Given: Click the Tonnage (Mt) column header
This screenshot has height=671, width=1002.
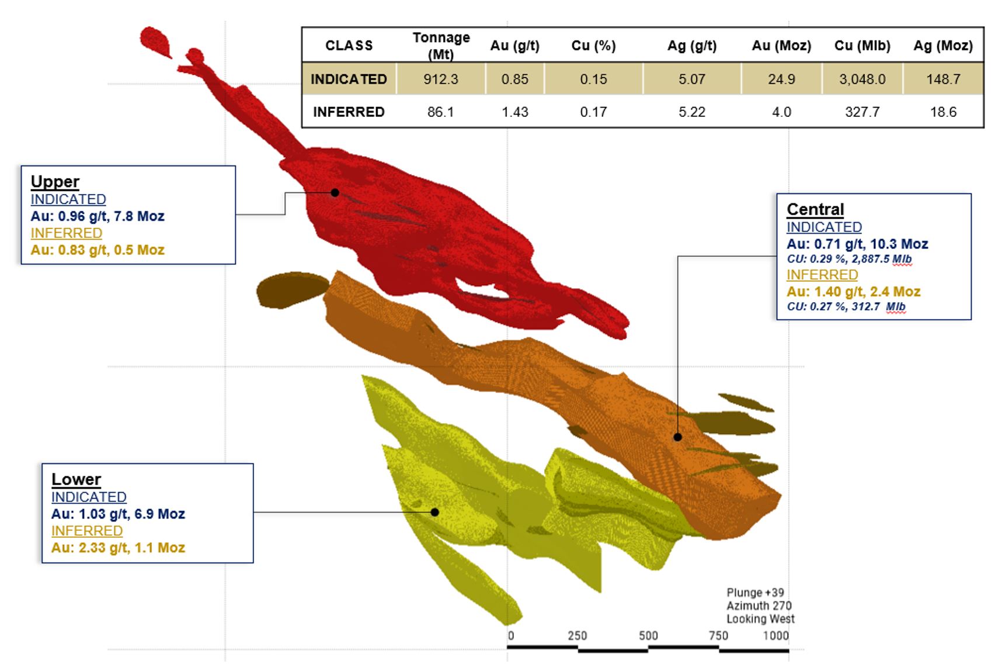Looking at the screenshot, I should coord(441,45).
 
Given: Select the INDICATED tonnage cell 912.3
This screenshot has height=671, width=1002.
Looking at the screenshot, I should coord(441,79).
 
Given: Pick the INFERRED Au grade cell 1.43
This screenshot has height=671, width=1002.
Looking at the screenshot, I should coord(514,112).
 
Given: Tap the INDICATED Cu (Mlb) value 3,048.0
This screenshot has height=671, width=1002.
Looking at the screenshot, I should coord(862,79).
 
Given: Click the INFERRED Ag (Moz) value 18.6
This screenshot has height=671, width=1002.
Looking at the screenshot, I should coord(943,112).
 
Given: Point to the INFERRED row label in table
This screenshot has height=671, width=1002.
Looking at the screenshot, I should coord(349,112).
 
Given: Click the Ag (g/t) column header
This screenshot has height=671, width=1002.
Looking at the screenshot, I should coord(692,46).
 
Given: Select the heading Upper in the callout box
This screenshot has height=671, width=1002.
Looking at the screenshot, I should coord(55,181).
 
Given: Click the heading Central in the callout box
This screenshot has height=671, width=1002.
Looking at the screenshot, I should coord(815,209).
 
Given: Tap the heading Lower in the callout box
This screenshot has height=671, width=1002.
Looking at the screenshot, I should coord(76,479).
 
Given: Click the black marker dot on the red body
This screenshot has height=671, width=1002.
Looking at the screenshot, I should coord(335,192).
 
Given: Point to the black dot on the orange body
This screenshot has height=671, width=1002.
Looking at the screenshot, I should coord(677,437).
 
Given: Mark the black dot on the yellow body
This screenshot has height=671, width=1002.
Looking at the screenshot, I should coord(434,512).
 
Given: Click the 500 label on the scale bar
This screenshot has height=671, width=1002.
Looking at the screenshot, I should coord(648,635).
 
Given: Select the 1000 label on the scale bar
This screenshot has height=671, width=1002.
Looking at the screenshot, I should coord(775,635).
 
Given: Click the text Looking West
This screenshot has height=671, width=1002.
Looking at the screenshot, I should coord(760,618).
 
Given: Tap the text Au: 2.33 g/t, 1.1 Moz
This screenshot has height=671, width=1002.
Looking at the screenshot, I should coord(118,548).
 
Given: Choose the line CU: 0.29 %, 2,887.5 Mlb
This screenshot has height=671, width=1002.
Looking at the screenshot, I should coord(849,259).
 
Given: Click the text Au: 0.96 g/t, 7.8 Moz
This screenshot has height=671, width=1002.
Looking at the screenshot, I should coord(98,216).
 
